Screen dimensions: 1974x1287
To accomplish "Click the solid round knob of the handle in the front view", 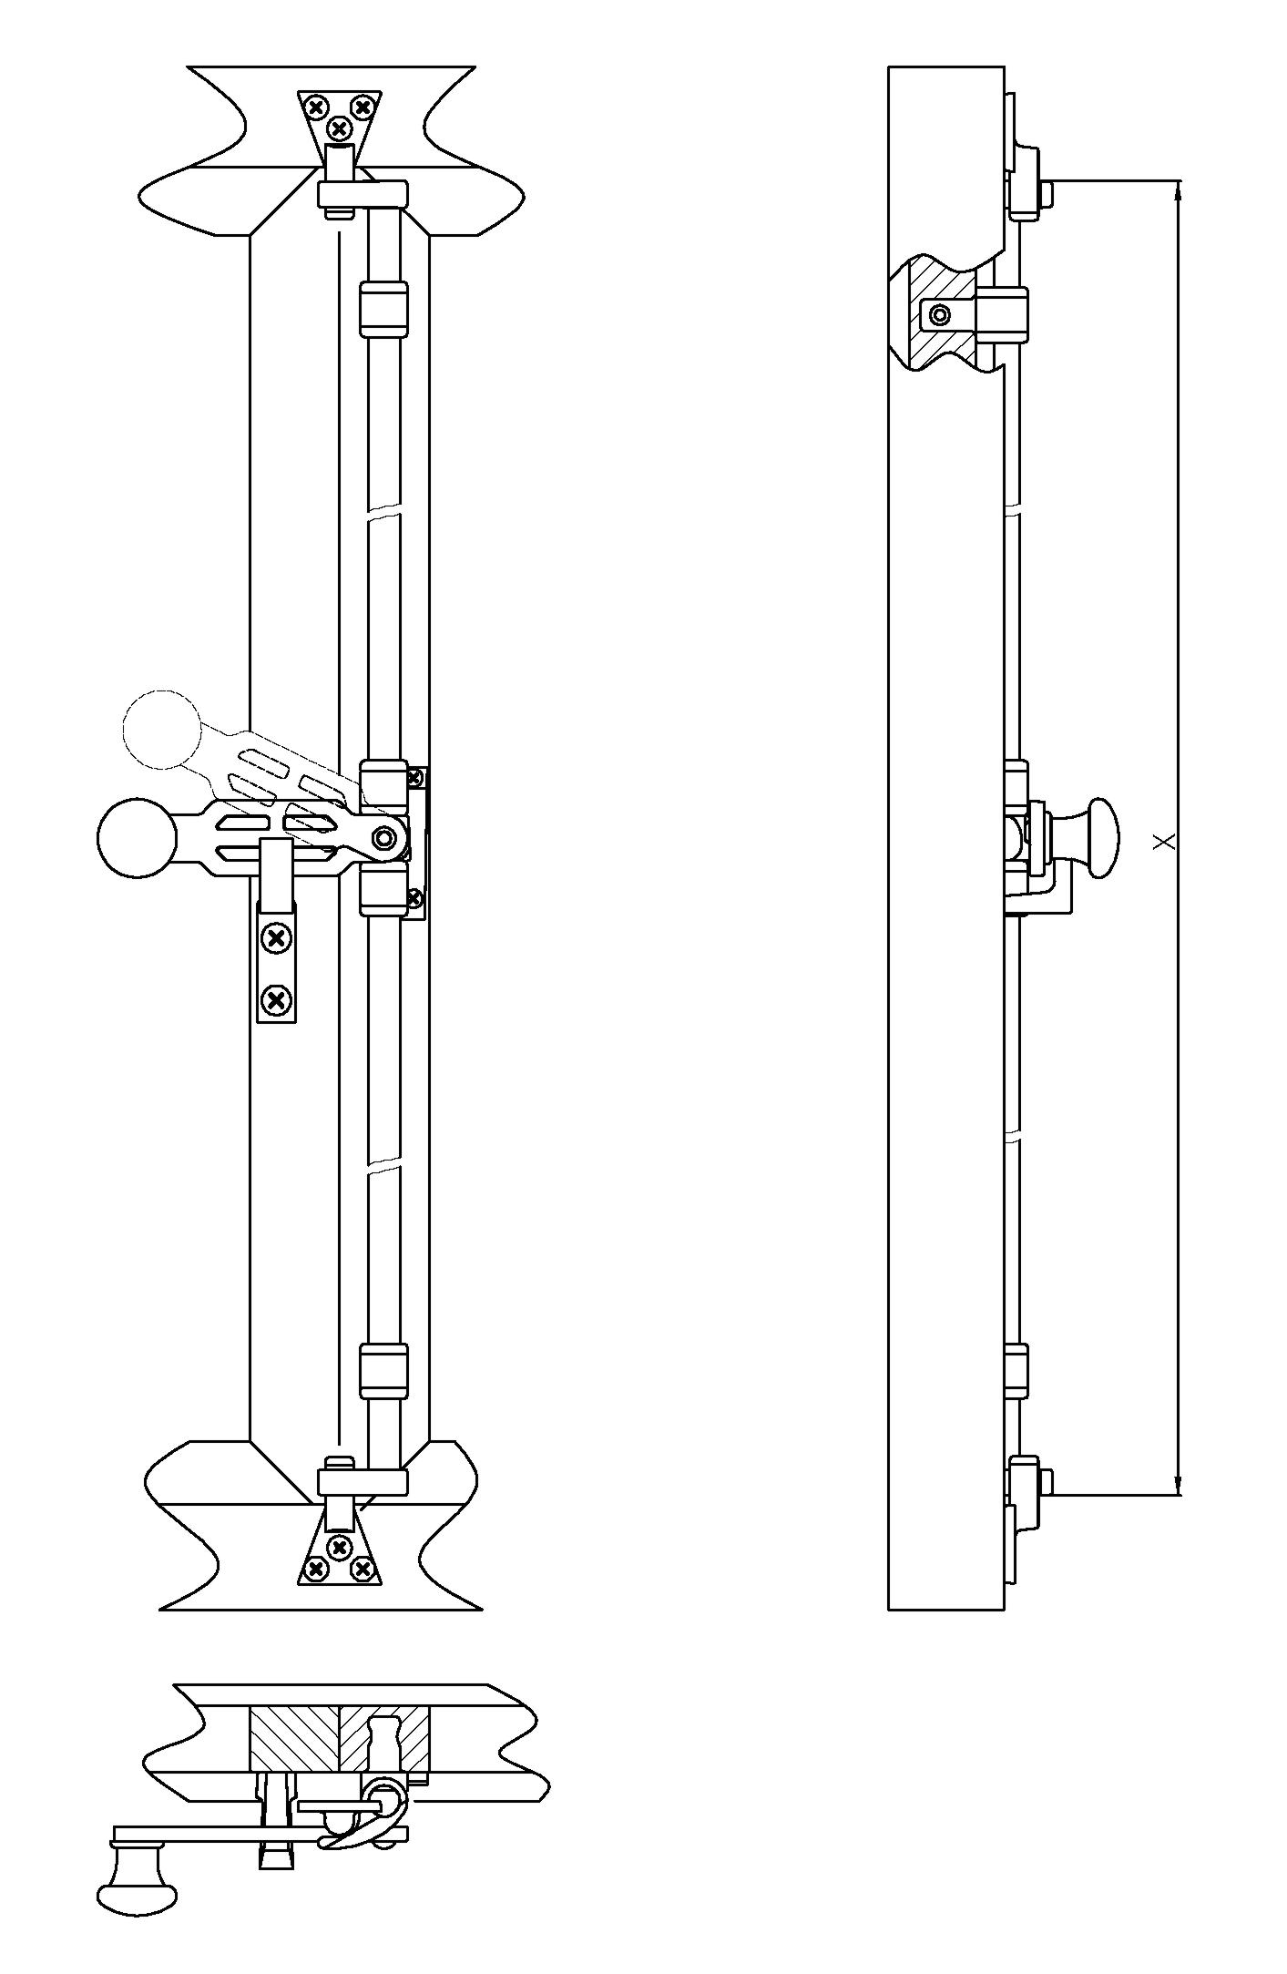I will pyautogui.click(x=137, y=838).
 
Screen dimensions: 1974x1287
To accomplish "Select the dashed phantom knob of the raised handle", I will pyautogui.click(x=160, y=729).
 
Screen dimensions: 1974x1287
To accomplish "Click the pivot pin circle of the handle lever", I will pyautogui.click(x=384, y=837).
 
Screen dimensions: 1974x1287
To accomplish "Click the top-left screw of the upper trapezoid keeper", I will pyautogui.click(x=316, y=107).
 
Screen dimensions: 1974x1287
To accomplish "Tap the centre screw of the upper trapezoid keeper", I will pyautogui.click(x=340, y=128).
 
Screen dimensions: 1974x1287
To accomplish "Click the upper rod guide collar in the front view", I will pyautogui.click(x=383, y=310).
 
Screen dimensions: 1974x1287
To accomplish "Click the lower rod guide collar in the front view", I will pyautogui.click(x=383, y=1371).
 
